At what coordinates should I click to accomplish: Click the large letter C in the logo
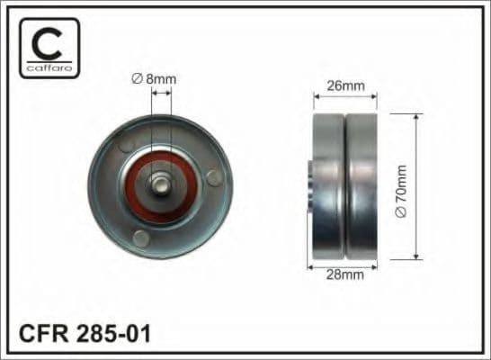[x=48, y=40]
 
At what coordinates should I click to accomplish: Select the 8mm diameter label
[x=156, y=79]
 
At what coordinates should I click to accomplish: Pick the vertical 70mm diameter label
[x=401, y=186]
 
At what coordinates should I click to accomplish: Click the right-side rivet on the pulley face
[x=211, y=177]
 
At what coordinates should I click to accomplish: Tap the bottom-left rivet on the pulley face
[x=140, y=238]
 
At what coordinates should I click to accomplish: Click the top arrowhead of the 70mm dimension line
[x=416, y=118]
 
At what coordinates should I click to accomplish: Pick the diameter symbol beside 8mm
[x=138, y=79]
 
